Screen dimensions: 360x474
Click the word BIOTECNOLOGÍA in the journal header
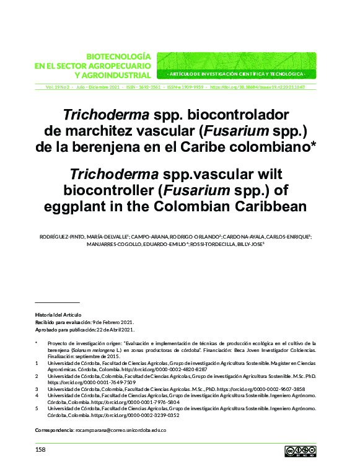(118, 56)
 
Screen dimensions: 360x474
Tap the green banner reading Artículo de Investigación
(237, 74)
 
